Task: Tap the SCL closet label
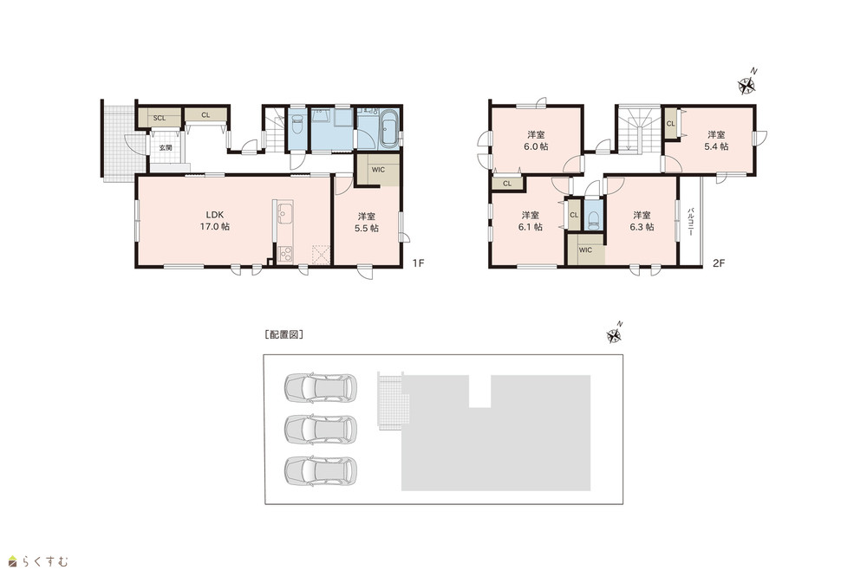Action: tap(160, 118)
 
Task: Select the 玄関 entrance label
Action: tap(166, 148)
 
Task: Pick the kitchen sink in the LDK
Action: tap(285, 213)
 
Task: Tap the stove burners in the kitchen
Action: tap(285, 254)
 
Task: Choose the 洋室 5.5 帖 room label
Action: tap(367, 222)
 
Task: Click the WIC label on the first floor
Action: tap(378, 170)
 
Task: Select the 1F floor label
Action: tap(418, 263)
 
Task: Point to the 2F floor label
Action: tap(718, 263)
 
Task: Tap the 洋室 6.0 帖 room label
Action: tap(537, 141)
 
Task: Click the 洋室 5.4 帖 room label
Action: tap(716, 141)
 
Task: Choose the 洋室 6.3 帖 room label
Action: tap(642, 221)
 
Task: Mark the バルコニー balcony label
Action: tap(691, 222)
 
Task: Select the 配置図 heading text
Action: tap(284, 334)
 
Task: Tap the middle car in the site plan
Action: tap(321, 428)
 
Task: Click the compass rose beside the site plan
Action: tap(615, 334)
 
